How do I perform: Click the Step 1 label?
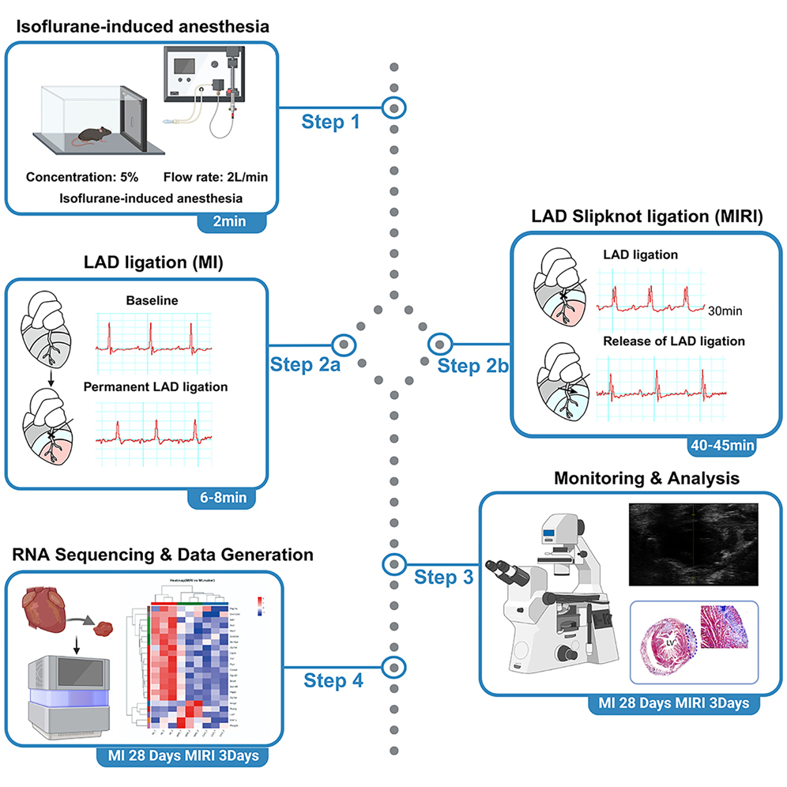pyautogui.click(x=334, y=122)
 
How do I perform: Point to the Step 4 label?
pyautogui.click(x=333, y=680)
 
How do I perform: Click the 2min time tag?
pyautogui.click(x=230, y=221)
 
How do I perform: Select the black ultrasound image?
pyautogui.click(x=693, y=544)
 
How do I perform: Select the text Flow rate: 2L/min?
pyautogui.click(x=215, y=177)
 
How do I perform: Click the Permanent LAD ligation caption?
pyautogui.click(x=156, y=387)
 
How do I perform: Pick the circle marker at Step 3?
pyautogui.click(x=393, y=564)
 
